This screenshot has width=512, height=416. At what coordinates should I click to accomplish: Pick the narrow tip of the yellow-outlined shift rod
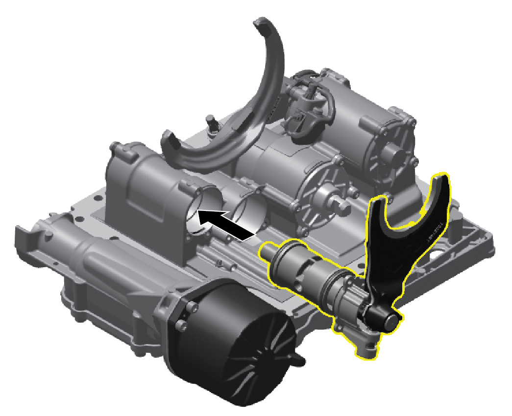[x=265, y=253]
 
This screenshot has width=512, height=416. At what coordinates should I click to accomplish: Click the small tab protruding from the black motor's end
[x=299, y=360]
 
